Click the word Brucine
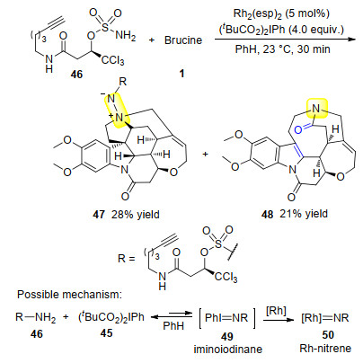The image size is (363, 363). coord(183,40)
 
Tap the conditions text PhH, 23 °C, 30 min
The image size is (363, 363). coord(282,49)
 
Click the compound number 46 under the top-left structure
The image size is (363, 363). coord(76,74)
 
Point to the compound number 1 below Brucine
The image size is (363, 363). coord(181,74)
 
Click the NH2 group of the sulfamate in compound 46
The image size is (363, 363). coord(126,35)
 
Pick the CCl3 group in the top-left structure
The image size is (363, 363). coord(113,60)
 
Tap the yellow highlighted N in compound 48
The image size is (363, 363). coord(316,109)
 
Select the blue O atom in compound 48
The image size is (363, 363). coord(298,129)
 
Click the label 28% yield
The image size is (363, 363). coord(136,215)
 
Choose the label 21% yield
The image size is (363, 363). coord(304,214)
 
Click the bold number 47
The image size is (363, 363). coord(99,215)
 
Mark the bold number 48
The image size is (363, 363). coord(267,214)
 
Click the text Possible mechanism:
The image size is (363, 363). coord(69,295)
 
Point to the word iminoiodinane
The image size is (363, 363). coord(228,350)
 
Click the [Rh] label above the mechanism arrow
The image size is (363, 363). coord(276,311)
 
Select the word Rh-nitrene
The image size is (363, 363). coord(325,348)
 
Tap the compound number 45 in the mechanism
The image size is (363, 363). coord(106,332)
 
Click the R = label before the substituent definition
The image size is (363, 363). coord(127,258)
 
